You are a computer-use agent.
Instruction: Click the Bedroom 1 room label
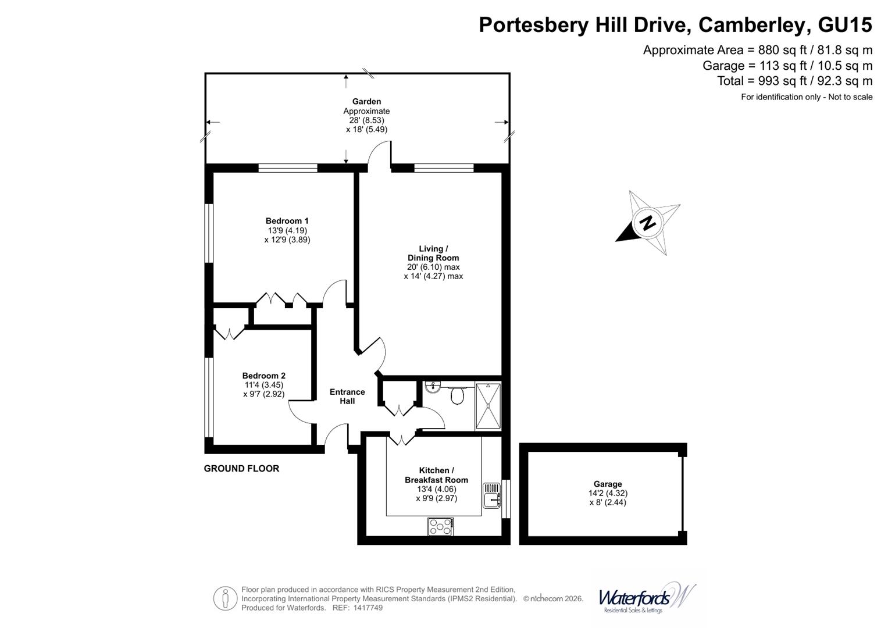(x=287, y=221)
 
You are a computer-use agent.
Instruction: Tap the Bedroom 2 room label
(x=263, y=376)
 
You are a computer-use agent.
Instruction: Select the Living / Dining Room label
(x=433, y=253)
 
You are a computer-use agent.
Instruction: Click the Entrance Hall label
(x=347, y=397)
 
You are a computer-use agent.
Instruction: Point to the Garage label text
(x=608, y=484)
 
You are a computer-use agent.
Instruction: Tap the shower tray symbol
(x=488, y=406)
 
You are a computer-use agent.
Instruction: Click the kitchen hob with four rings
(x=441, y=527)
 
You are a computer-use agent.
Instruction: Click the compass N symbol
(x=648, y=223)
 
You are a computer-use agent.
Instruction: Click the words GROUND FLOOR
(x=241, y=469)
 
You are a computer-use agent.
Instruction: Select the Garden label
(x=366, y=102)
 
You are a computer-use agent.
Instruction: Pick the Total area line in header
(x=794, y=81)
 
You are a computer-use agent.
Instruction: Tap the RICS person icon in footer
(x=225, y=598)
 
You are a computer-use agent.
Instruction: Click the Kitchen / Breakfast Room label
(x=436, y=475)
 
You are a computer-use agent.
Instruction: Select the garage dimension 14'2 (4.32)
(x=608, y=493)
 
